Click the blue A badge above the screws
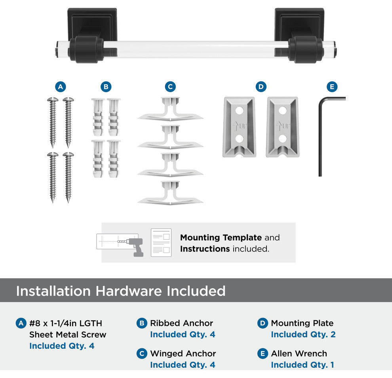point(61,87)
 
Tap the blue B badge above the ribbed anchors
point(106,87)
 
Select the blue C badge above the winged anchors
point(170,87)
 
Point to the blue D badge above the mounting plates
point(261,87)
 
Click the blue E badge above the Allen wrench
point(332,87)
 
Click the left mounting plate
point(239,127)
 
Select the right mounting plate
point(282,127)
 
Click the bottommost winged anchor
point(170,193)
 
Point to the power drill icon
point(135,247)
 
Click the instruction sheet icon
point(161,242)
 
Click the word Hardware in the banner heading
point(129,291)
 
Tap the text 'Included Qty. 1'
point(303,365)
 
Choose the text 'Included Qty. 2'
point(303,334)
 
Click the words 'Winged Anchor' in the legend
point(183,353)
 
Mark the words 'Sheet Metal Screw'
point(68,335)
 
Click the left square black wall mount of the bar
point(92,25)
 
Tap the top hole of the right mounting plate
point(283,110)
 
